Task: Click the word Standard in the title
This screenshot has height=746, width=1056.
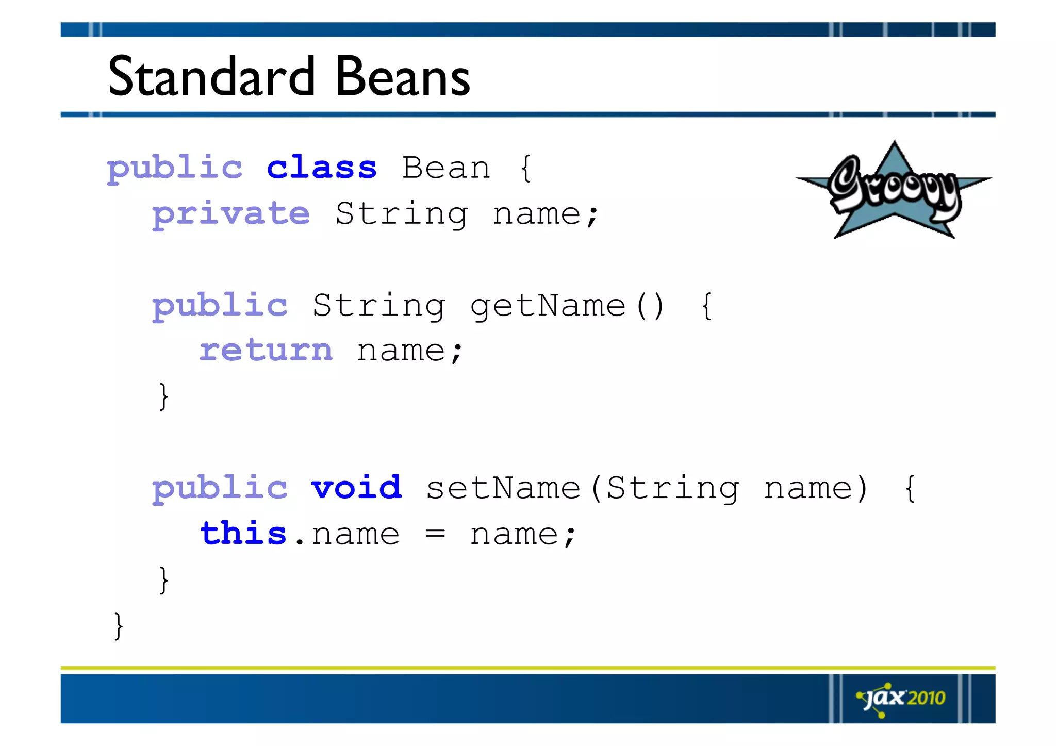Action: pyautogui.click(x=211, y=77)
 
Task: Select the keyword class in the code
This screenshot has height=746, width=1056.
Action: pyautogui.click(x=322, y=168)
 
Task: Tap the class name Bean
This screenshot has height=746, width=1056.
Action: pyautogui.click(x=446, y=168)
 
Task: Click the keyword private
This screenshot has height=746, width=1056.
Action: pyautogui.click(x=231, y=214)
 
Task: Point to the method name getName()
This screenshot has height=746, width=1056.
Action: pyautogui.click(x=567, y=306)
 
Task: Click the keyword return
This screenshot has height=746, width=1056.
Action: pyautogui.click(x=266, y=351)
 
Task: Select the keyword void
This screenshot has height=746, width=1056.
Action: pyautogui.click(x=356, y=488)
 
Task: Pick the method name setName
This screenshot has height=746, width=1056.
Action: pyautogui.click(x=503, y=488)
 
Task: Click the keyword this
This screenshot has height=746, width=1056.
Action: pyautogui.click(x=243, y=534)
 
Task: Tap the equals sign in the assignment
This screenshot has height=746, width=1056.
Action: pyautogui.click(x=435, y=535)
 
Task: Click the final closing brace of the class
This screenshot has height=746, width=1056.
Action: pyautogui.click(x=119, y=626)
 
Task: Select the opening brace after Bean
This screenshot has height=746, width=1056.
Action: pyautogui.click(x=525, y=168)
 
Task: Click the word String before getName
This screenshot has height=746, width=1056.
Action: pyautogui.click(x=379, y=306)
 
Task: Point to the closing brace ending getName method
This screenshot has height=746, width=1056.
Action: pyautogui.click(x=163, y=396)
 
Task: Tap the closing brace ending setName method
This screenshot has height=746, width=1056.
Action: pyautogui.click(x=163, y=580)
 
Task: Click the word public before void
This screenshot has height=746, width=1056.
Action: pyautogui.click(x=220, y=489)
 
